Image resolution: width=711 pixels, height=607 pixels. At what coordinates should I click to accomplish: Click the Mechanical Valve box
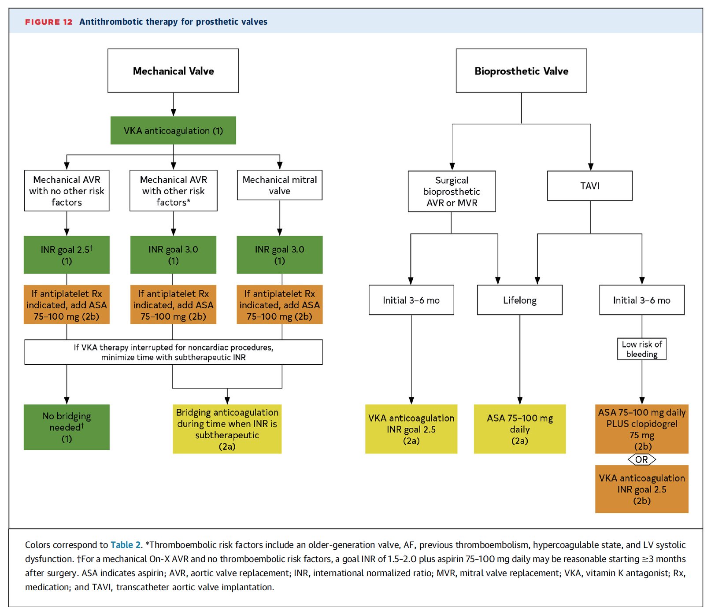click(173, 70)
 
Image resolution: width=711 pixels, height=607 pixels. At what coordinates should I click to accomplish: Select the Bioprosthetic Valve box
click(521, 70)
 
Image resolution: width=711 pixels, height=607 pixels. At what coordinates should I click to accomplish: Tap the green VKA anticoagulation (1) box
click(173, 130)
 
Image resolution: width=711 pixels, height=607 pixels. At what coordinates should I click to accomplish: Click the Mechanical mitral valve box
click(280, 185)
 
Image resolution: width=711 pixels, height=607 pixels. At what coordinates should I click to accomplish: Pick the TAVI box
click(590, 186)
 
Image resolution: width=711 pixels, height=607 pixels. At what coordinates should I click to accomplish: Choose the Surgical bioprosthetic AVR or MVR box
click(452, 191)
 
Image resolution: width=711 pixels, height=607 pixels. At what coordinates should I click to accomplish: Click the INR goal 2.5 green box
click(67, 255)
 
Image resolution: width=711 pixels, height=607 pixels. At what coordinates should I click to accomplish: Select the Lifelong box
click(520, 300)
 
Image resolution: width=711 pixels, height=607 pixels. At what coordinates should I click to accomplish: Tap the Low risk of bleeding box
click(642, 349)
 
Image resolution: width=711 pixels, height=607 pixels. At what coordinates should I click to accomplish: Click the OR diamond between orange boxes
click(642, 459)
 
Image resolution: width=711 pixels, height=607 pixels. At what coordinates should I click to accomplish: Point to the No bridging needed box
click(67, 427)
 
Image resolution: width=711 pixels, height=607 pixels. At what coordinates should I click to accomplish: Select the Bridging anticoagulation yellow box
click(227, 429)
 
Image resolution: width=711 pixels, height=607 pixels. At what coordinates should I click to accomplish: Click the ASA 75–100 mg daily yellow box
click(520, 429)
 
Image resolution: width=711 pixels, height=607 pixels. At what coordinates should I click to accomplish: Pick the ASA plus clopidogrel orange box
click(642, 429)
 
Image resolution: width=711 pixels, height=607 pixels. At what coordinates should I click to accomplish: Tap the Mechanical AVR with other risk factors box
click(173, 191)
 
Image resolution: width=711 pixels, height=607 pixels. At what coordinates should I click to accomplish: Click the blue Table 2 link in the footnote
click(126, 545)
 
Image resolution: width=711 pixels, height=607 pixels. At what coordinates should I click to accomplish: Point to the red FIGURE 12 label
click(48, 22)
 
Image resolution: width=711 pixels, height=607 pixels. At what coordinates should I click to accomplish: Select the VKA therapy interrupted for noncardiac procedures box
click(173, 352)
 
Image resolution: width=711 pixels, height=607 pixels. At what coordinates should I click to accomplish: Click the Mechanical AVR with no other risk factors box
click(67, 191)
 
